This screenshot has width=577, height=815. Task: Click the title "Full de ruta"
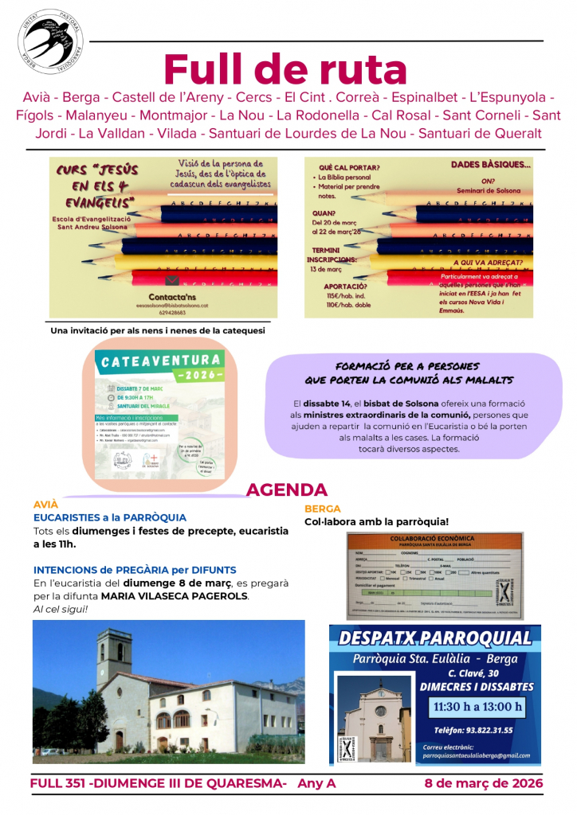[285, 69]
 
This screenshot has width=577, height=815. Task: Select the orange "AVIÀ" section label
[45, 505]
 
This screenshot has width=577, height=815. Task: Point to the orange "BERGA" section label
[323, 508]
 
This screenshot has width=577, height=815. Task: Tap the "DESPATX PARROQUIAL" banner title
[434, 638]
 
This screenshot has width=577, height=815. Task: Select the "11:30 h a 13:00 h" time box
[478, 706]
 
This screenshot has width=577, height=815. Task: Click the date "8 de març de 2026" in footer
[484, 783]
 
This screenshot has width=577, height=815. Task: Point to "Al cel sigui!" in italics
[61, 610]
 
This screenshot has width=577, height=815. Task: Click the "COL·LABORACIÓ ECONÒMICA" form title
[434, 539]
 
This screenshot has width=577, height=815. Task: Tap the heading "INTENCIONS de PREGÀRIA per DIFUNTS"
[135, 569]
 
